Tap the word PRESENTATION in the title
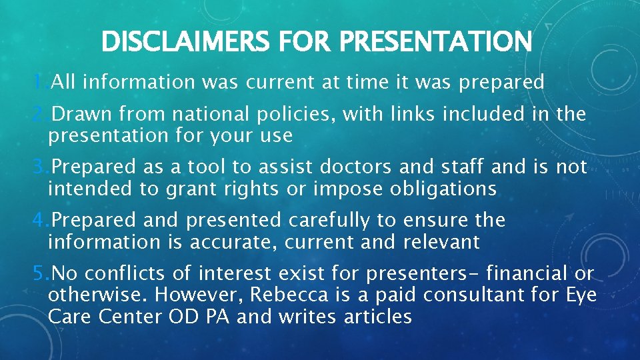coord(435,42)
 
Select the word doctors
coord(354,167)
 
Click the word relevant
coord(441,242)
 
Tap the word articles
coord(378,317)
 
